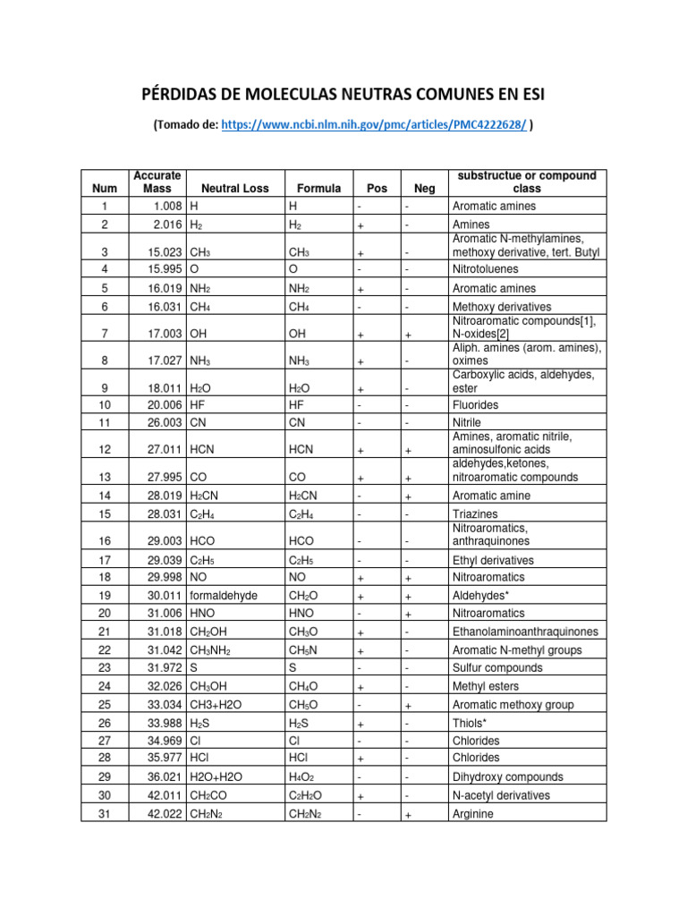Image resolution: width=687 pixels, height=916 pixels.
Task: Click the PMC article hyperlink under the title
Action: click(x=374, y=126)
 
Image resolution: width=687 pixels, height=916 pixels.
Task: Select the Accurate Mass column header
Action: click(x=157, y=182)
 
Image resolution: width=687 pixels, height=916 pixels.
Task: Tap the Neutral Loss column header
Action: click(x=234, y=189)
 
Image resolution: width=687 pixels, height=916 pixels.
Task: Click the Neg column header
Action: click(x=424, y=189)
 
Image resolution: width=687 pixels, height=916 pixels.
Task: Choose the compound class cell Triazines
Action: click(x=476, y=514)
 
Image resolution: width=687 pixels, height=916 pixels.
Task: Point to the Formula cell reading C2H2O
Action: click(x=305, y=795)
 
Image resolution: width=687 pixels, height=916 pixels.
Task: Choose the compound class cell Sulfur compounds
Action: click(x=497, y=667)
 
